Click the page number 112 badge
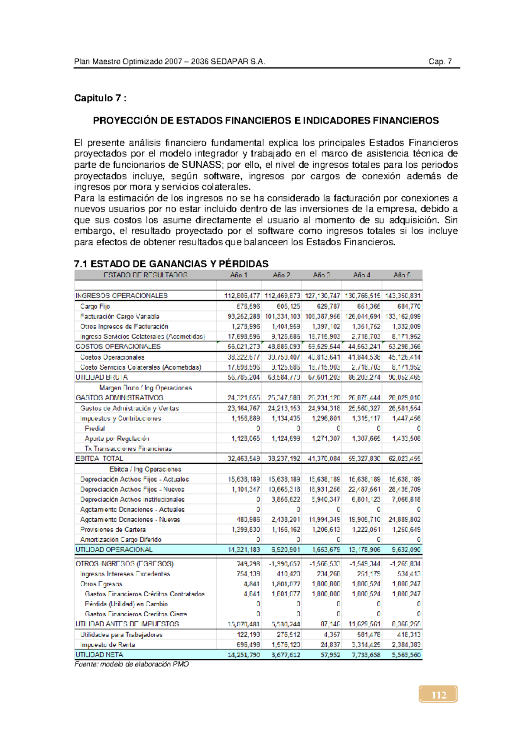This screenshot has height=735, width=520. [438, 695]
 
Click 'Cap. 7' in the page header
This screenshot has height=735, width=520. [440, 62]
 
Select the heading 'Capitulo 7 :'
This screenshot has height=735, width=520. [100, 98]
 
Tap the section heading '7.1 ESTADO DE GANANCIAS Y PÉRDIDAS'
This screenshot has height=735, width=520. [171, 264]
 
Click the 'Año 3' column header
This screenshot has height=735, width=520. [322, 275]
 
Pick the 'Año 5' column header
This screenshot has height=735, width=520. [402, 275]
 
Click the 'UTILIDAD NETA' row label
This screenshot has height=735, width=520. [99, 654]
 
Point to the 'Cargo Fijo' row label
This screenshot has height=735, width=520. [95, 306]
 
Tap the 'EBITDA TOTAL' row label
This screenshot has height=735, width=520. [99, 459]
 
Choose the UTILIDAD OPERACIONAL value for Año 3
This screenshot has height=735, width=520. [325, 550]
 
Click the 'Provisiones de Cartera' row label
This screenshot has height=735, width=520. [113, 530]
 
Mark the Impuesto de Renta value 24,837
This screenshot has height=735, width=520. [331, 644]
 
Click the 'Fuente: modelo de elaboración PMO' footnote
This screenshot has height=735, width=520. [132, 664]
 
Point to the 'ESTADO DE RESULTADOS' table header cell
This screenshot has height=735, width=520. [145, 275]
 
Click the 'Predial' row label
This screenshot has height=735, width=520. [95, 428]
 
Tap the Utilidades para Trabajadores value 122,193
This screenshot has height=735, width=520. [248, 634]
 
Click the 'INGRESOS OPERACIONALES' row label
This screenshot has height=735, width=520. [121, 296]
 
